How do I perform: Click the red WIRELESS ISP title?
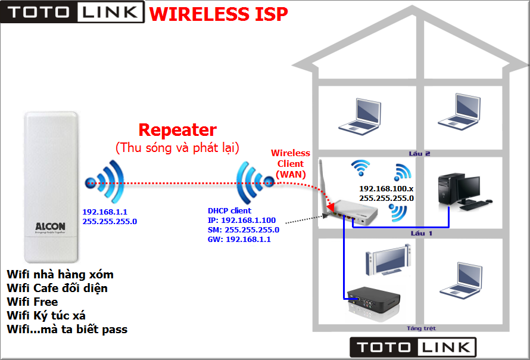[219, 13]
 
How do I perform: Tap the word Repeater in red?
[177, 129]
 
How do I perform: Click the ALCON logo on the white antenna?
[50, 227]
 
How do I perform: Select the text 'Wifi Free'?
[32, 302]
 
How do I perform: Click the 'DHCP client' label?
[229, 210]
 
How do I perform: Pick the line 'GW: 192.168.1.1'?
[239, 239]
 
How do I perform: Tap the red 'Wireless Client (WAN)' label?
[290, 163]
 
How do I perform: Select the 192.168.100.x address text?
[386, 188]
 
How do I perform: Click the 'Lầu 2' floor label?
[419, 153]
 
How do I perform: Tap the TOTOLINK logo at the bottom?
[413, 347]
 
